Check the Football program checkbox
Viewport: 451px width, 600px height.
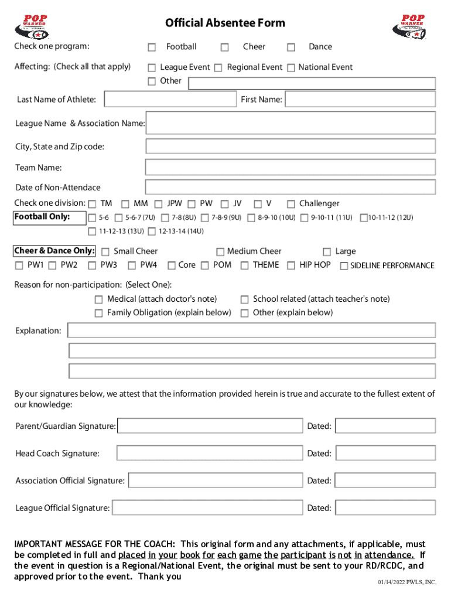[x=152, y=47]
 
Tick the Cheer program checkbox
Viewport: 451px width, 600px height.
[x=224, y=47]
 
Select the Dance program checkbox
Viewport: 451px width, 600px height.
[x=291, y=47]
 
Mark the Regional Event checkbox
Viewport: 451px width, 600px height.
[x=218, y=68]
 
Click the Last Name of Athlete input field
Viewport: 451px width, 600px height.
[x=170, y=100]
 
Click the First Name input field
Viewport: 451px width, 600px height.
[x=360, y=100]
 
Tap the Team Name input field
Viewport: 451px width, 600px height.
[x=290, y=168]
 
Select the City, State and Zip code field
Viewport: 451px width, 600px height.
[x=290, y=146]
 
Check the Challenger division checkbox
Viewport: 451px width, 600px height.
[x=291, y=204]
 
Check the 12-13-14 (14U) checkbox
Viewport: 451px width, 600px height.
[x=152, y=231]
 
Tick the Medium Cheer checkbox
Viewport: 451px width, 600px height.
[x=220, y=252]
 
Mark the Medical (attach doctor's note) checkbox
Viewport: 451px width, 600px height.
[x=98, y=299]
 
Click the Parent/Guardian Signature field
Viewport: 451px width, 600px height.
[x=210, y=426]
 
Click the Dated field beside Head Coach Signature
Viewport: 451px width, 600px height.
[x=385, y=454]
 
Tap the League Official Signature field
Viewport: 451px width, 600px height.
[x=207, y=508]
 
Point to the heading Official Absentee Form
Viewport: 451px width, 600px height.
[x=225, y=23]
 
